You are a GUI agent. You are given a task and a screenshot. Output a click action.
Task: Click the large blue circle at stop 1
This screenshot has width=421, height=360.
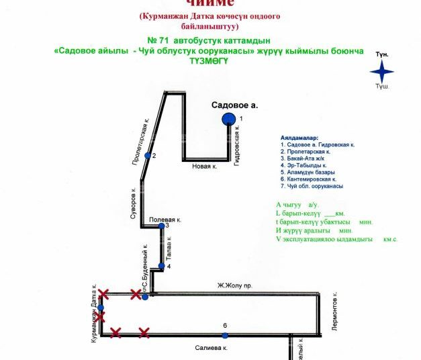pyautogui.click(x=229, y=120)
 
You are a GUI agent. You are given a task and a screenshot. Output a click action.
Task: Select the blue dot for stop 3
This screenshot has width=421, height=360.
pyautogui.click(x=161, y=226)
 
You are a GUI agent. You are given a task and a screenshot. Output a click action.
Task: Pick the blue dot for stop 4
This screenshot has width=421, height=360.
pyautogui.click(x=161, y=266)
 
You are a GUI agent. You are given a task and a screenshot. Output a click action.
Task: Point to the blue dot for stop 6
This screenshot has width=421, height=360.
pyautogui.click(x=225, y=335)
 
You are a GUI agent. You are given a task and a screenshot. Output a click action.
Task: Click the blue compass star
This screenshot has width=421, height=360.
pyautogui.click(x=382, y=70)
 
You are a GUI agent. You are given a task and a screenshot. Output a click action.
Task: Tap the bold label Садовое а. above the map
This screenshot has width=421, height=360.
pyautogui.click(x=234, y=105)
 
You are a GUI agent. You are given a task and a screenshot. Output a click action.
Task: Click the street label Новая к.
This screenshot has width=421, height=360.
pyautogui.click(x=205, y=166)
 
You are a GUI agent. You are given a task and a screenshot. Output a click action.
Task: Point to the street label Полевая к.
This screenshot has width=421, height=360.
pyautogui.click(x=165, y=219)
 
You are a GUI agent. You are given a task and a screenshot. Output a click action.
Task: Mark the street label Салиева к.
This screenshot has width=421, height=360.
pyautogui.click(x=212, y=349)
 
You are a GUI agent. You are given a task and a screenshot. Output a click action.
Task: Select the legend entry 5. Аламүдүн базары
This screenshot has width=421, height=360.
pyautogui.click(x=310, y=172)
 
